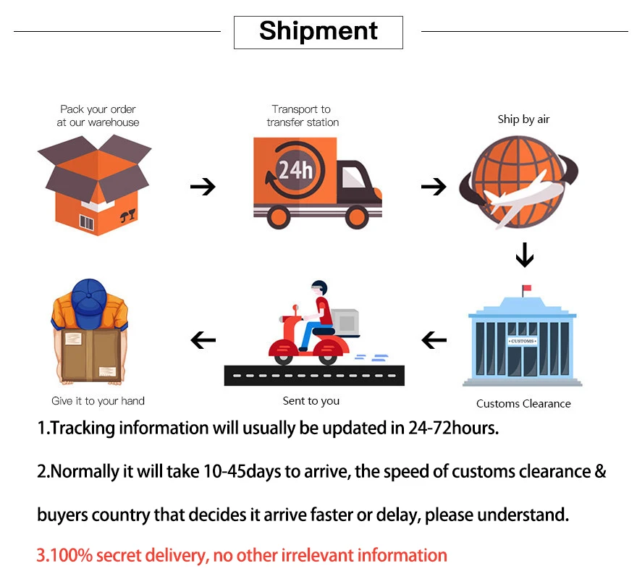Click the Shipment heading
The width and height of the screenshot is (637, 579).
pyautogui.click(x=318, y=31)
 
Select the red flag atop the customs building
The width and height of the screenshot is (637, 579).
pyautogui.click(x=526, y=288)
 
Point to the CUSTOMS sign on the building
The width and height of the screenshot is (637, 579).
pyautogui.click(x=523, y=341)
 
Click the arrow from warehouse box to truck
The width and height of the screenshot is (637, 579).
pyautogui.click(x=203, y=187)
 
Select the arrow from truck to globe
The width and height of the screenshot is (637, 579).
pyautogui.click(x=434, y=187)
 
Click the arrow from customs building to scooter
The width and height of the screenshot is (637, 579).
pyautogui.click(x=434, y=339)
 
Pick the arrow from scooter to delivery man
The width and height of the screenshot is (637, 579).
pyautogui.click(x=203, y=339)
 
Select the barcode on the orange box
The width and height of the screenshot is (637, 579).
pyautogui.click(x=87, y=222)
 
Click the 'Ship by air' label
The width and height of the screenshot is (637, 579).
pyautogui.click(x=523, y=119)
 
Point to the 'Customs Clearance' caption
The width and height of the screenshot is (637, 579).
pyautogui.click(x=523, y=403)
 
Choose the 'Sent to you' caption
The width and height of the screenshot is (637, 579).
pyautogui.click(x=311, y=400)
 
